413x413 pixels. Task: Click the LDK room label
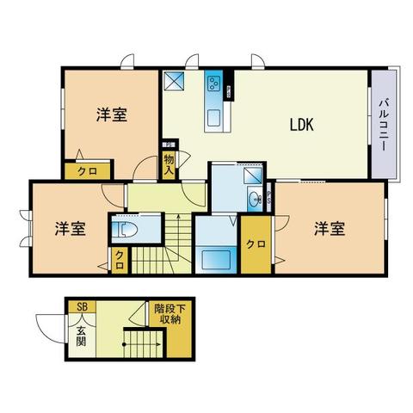[302, 125]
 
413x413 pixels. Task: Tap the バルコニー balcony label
[384, 125]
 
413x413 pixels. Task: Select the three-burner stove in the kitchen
[214, 83]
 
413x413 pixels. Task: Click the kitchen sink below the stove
[214, 118]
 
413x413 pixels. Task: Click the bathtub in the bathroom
[216, 260]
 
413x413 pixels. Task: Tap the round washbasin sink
[255, 198]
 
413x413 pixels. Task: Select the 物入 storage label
[169, 164]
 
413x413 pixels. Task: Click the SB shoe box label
[83, 307]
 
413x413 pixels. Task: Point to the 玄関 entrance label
[81, 336]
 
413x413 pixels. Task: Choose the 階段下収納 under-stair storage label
[170, 314]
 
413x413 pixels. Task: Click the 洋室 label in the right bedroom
[330, 229]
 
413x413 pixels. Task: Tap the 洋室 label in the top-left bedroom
[112, 114]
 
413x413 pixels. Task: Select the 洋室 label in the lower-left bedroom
[70, 229]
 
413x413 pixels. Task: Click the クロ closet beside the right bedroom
[256, 244]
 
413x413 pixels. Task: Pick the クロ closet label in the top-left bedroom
[88, 171]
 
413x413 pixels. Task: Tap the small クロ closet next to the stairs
[120, 260]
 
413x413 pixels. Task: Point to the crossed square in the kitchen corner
[174, 80]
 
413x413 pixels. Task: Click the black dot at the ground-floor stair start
[124, 344]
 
